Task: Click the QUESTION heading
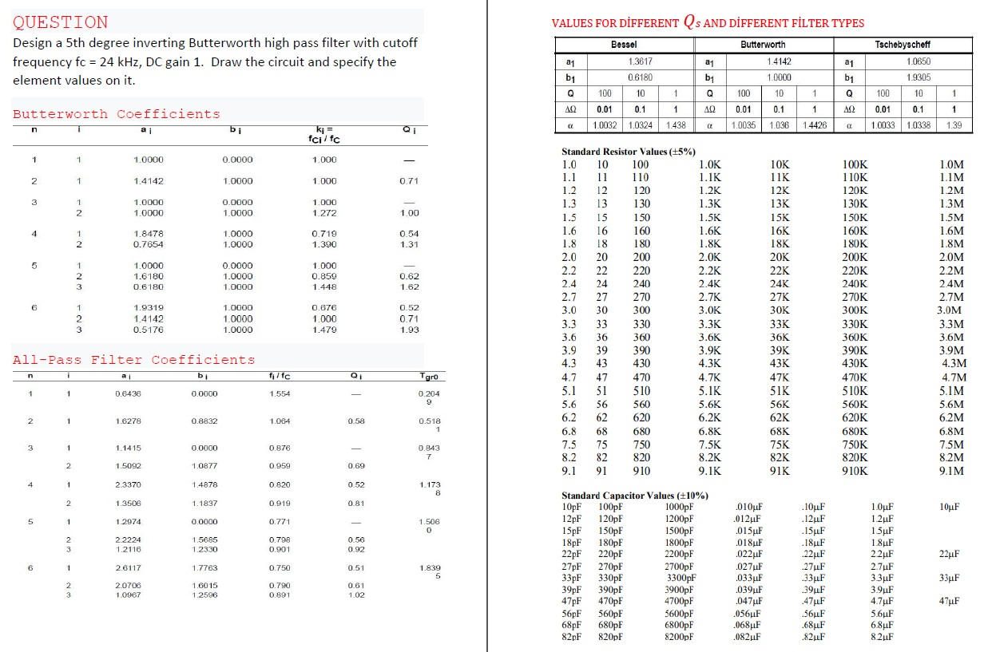[61, 22]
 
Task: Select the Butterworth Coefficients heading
[117, 114]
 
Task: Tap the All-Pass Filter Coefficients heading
[134, 360]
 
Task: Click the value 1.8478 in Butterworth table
[149, 233]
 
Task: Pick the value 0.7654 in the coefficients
[149, 244]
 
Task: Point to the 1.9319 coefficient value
[149, 307]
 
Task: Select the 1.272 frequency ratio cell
[325, 213]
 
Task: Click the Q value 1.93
[411, 329]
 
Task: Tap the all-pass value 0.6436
[128, 393]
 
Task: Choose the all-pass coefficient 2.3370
[128, 484]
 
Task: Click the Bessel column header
[623, 45]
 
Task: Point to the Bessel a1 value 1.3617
[641, 61]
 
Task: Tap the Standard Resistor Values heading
[628, 152]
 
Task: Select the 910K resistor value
[855, 471]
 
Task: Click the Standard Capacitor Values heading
[634, 496]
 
